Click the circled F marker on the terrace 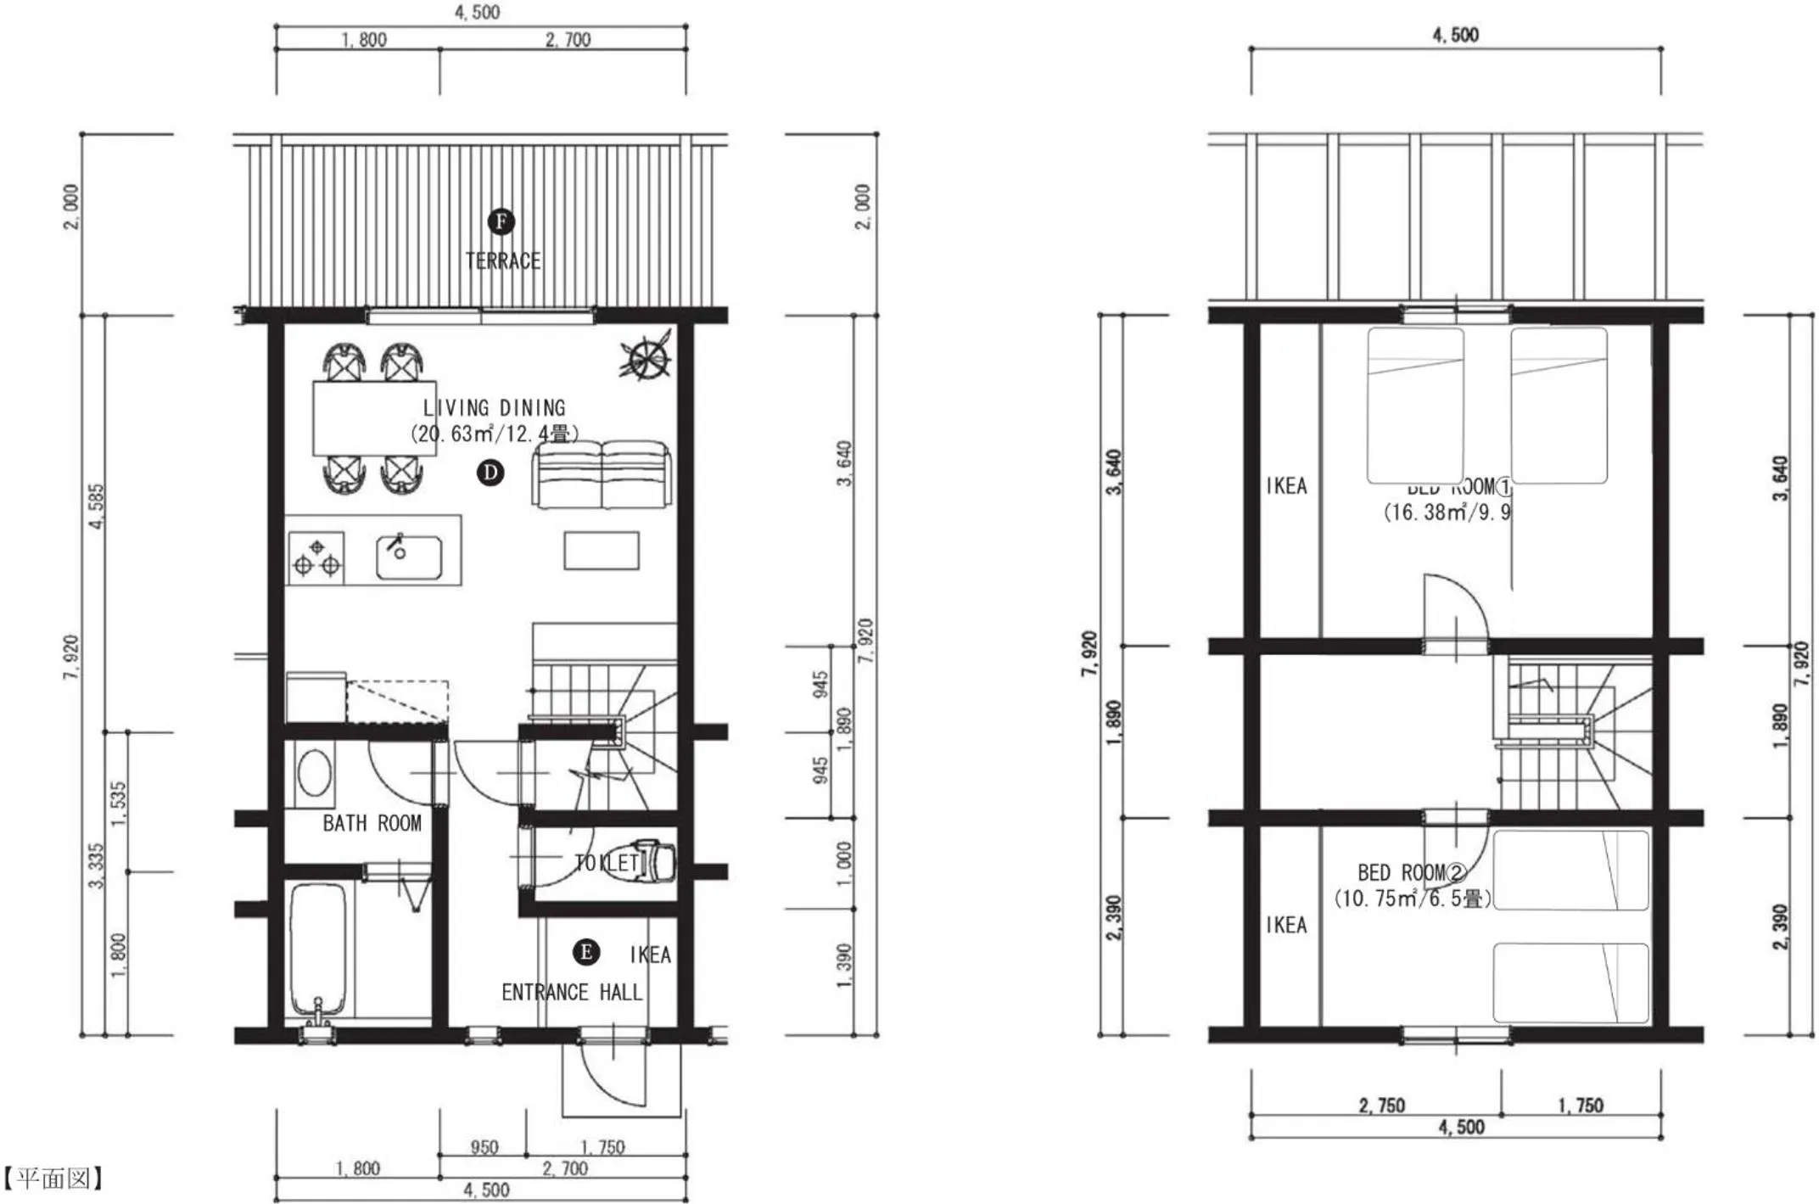point(501,222)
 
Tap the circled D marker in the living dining point(490,473)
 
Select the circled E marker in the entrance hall point(586,952)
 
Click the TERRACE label point(503,260)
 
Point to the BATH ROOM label point(372,823)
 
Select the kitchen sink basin point(408,557)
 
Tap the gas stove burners point(316,557)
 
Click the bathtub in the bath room point(318,949)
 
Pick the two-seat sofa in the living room point(602,475)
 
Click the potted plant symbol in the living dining point(646,356)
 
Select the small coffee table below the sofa point(602,551)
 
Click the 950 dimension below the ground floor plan point(484,1147)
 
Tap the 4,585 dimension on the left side point(97,507)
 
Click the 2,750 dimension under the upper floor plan point(1381,1105)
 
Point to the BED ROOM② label point(1412,872)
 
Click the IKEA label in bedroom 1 point(1286,485)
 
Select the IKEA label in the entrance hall point(650,955)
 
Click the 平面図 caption point(53,1178)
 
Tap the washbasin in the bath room point(315,772)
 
